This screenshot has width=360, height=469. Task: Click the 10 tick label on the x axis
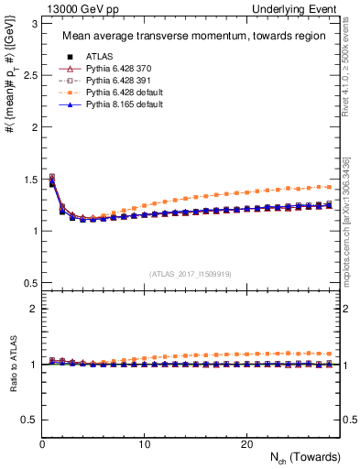click(x=145, y=444)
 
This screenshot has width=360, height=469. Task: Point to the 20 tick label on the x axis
click(x=246, y=444)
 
